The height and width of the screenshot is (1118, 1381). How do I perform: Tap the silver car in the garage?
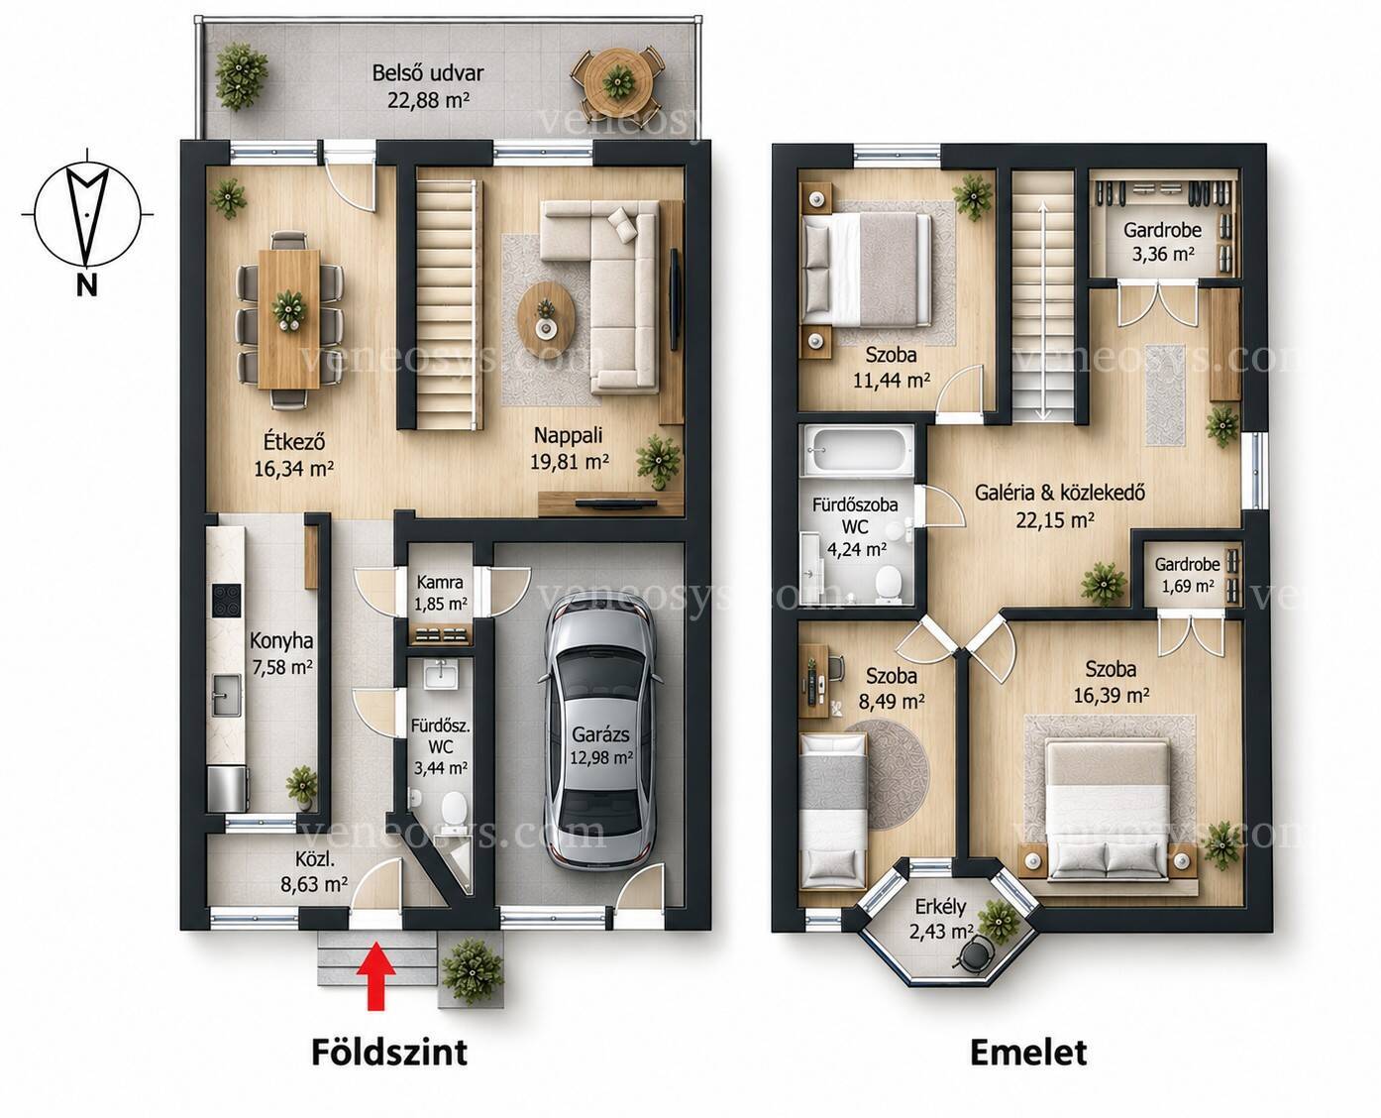tap(600, 731)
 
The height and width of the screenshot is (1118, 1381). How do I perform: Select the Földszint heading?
tap(389, 1052)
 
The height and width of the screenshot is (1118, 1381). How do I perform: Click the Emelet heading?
tap(1028, 1052)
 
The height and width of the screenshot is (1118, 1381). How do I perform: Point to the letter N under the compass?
tap(87, 284)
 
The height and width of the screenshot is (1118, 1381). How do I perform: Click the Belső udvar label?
tap(427, 72)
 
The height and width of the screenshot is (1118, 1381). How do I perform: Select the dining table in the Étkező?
tap(288, 319)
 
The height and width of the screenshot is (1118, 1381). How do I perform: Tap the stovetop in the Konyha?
tap(226, 601)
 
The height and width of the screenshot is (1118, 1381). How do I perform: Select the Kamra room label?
tap(440, 581)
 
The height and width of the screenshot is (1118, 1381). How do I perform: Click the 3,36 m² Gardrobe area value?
tap(1163, 254)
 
